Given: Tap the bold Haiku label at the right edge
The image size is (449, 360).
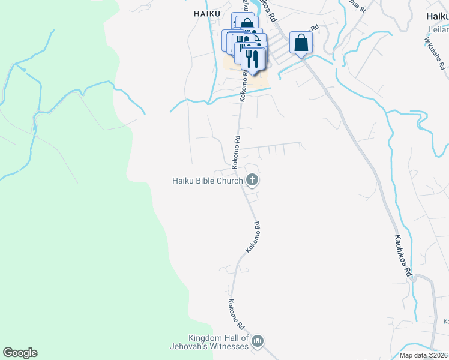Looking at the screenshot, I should coord(437,17).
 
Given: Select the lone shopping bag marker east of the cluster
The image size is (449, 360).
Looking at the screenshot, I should coord(301,43).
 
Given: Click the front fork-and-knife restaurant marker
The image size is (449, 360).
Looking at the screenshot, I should coord(253,59).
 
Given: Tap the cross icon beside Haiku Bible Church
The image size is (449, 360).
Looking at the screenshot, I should coord(252,179).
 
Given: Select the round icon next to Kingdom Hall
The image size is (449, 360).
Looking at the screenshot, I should coord(258,341).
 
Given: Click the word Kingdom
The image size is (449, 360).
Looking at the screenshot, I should coord(206,338).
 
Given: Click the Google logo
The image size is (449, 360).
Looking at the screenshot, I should coord(20,353).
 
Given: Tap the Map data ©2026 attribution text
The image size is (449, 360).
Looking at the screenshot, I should coord(423,355).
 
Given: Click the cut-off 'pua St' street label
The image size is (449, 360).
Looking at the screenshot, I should coord(357,7).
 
